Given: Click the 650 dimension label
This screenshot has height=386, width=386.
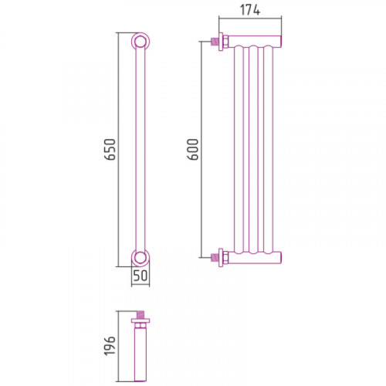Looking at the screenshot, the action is (111, 149).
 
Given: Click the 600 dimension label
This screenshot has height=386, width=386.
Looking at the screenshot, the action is (194, 149).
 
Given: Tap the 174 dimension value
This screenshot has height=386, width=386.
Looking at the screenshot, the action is (250, 10).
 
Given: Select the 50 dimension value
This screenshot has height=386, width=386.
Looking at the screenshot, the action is (141, 276).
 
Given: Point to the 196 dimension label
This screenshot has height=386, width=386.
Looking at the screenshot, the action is (110, 346).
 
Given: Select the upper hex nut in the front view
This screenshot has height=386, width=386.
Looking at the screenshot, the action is (225, 42).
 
